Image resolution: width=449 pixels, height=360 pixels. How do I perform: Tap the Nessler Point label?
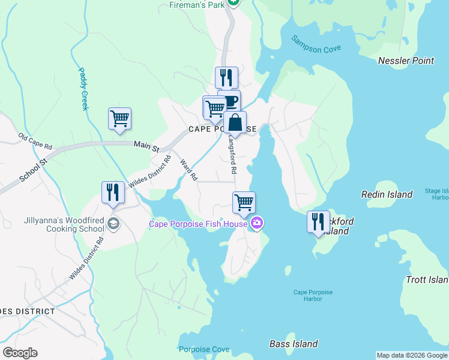tap(406, 61)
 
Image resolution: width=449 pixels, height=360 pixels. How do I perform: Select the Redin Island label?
tap(387, 194)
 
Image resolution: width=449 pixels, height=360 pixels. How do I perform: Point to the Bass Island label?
tap(293, 344)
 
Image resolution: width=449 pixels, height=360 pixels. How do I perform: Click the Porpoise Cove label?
tap(204, 349)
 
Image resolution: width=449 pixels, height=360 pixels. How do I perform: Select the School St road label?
tap(33, 170)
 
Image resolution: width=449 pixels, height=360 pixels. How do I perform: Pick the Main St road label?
tap(146, 145)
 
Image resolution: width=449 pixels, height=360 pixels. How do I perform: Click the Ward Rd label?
tap(189, 169)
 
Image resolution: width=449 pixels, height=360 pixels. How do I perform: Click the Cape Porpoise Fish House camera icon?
tap(257, 224)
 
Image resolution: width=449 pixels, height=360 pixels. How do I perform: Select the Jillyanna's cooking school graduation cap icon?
tap(113, 224)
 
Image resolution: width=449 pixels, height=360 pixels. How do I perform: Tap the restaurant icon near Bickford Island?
tap(318, 221)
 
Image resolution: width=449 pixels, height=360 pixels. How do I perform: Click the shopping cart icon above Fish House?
tap(244, 202)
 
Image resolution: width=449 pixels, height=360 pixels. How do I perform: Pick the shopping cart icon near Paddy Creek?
tap(119, 118)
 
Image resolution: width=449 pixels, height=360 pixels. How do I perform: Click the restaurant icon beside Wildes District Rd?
tap(112, 192)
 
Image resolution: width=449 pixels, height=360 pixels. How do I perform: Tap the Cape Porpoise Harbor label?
tap(313, 296)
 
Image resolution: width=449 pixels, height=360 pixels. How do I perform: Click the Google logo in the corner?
tap(20, 353)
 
